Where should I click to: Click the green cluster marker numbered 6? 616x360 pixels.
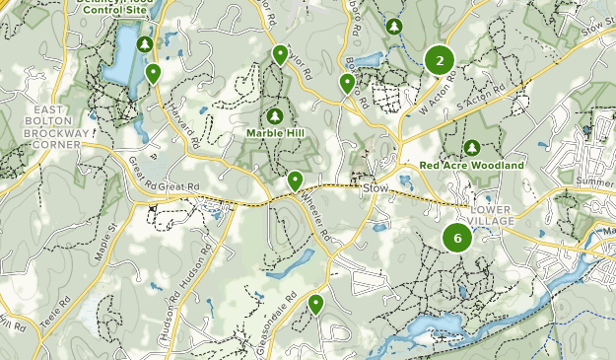(456, 238)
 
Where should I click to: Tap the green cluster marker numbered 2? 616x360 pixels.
(439, 61)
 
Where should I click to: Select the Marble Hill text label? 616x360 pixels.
(275, 133)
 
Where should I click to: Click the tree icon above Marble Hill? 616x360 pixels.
(275, 116)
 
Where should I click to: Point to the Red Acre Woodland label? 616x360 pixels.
(471, 166)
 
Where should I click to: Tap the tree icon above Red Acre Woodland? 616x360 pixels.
(472, 148)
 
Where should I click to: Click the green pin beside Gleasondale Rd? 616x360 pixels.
(315, 304)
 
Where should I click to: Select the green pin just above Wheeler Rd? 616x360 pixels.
(295, 180)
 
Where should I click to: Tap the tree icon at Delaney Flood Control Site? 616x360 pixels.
(146, 44)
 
